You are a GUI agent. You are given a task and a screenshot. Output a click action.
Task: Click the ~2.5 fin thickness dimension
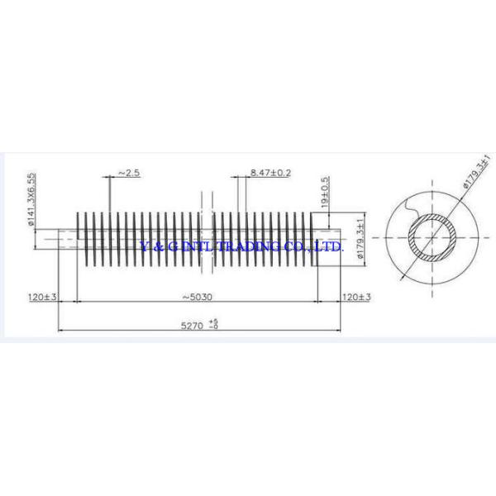tap(129, 173)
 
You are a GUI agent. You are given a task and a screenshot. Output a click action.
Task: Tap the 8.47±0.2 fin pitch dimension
tap(270, 173)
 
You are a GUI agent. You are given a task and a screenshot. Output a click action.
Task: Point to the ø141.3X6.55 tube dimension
tap(31, 199)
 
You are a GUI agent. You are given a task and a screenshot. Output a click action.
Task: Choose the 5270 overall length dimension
tap(193, 326)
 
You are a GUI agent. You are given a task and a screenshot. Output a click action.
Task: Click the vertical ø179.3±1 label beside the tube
tap(360, 238)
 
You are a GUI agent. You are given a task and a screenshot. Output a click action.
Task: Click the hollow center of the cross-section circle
tap(432, 238)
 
